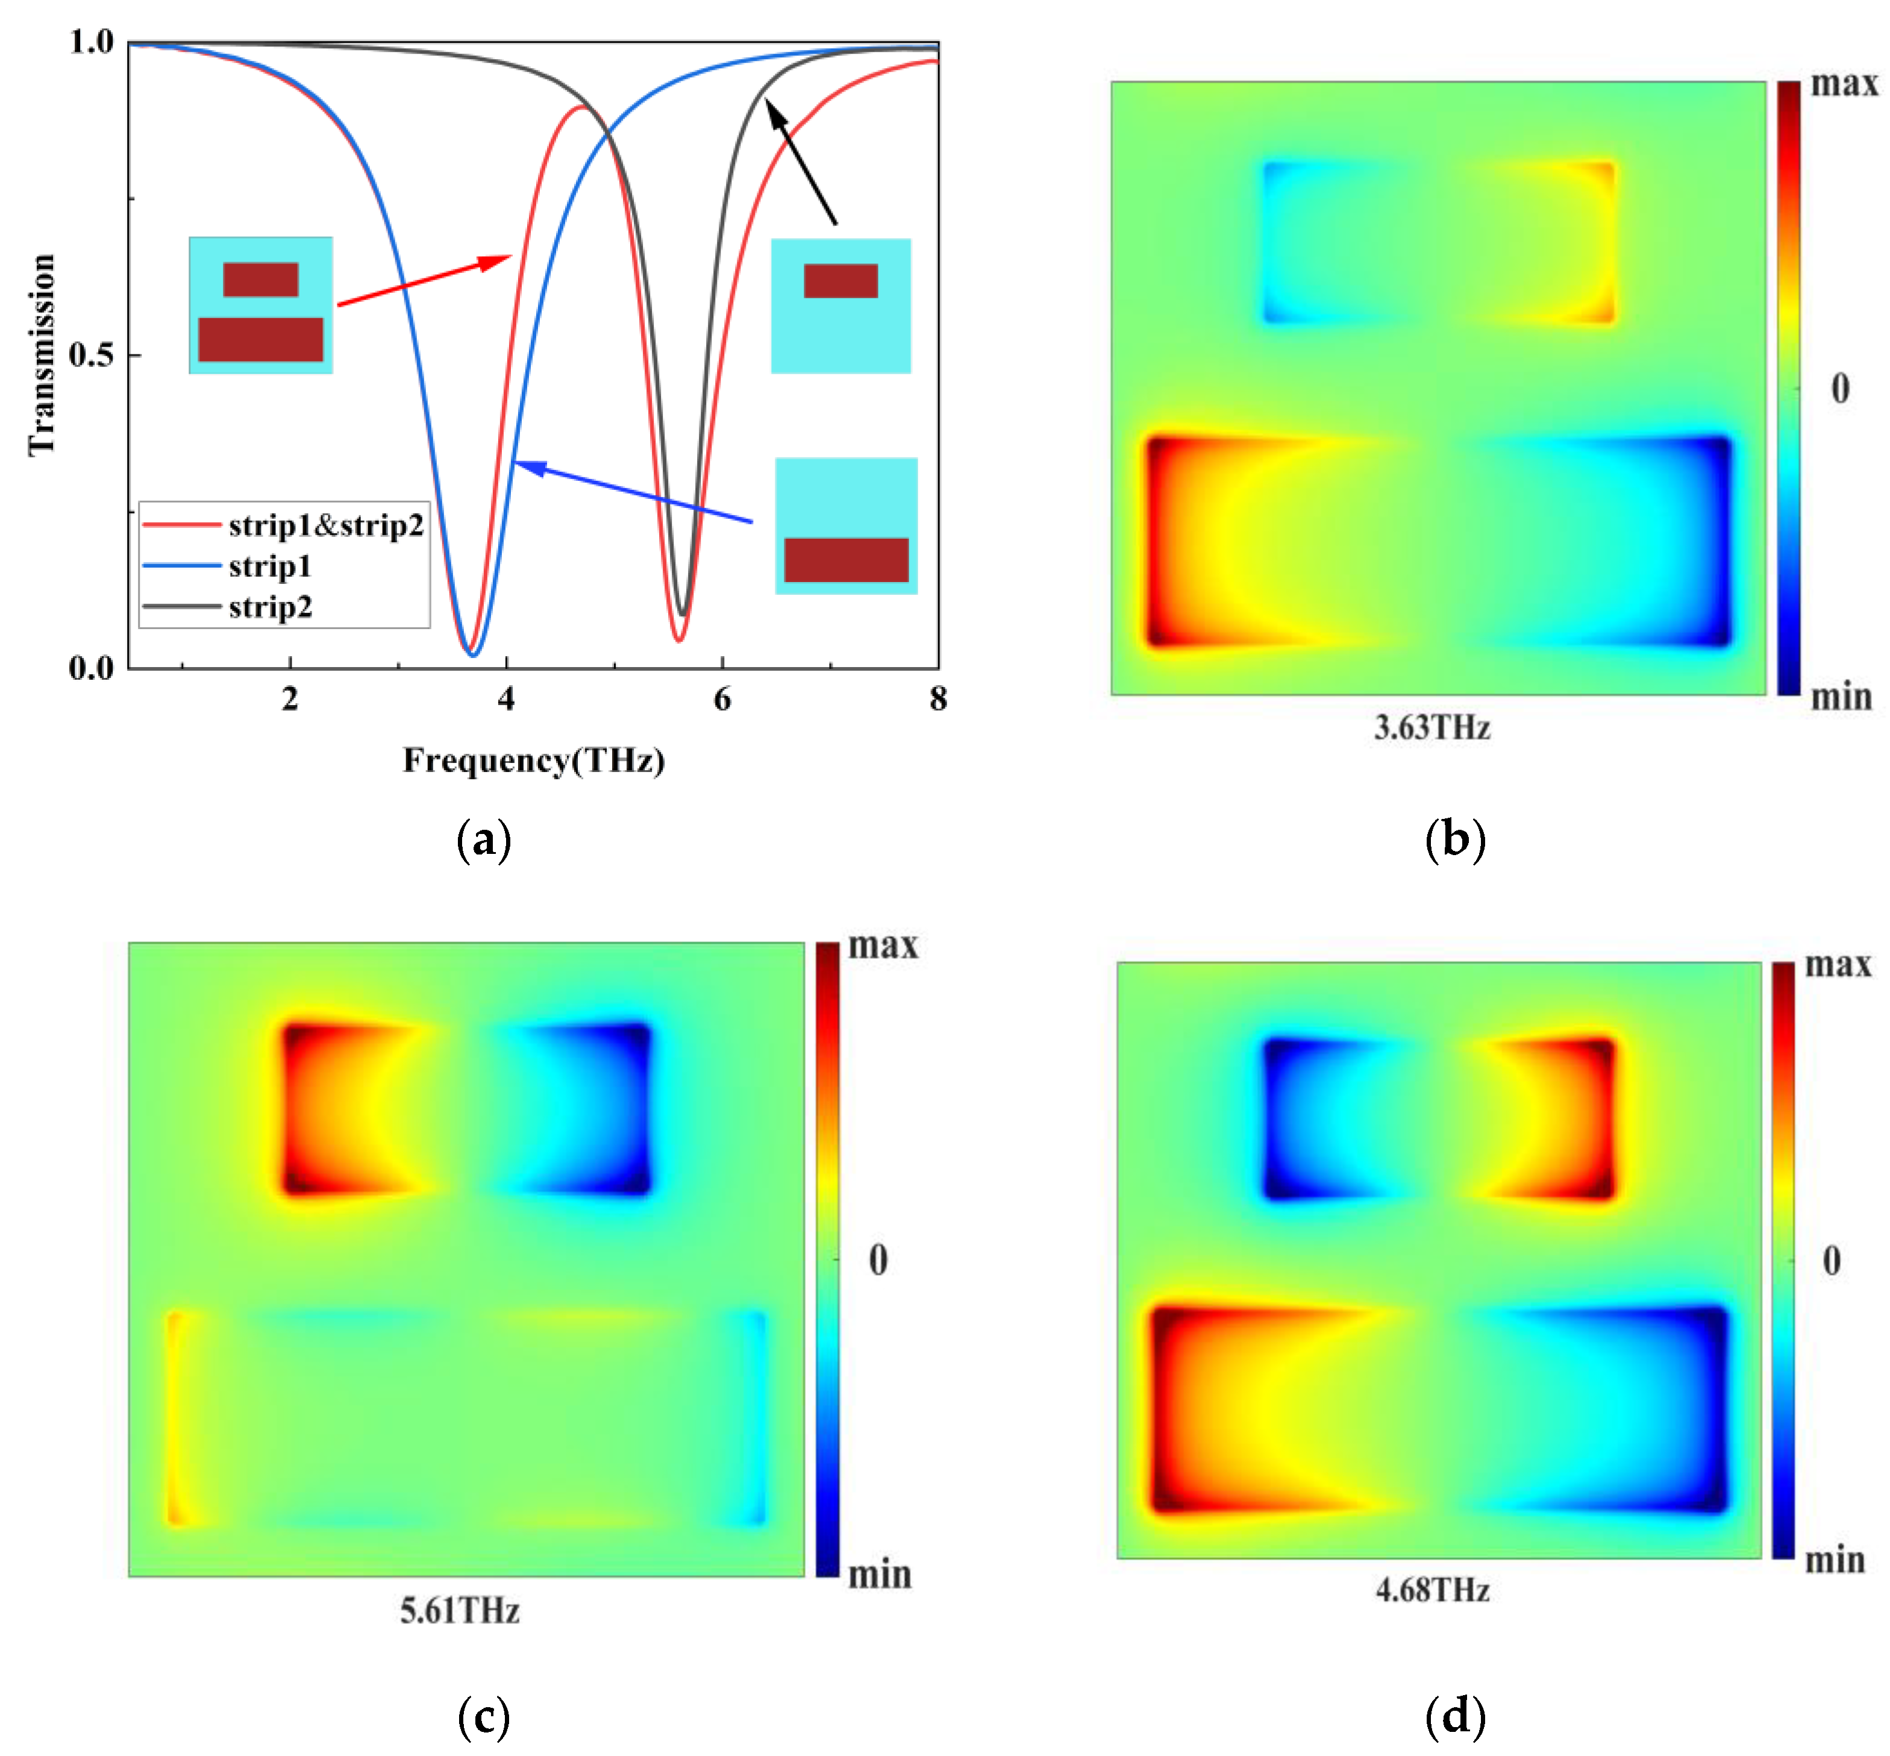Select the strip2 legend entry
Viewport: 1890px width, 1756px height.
270,606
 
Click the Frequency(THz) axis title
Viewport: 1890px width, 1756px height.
533,760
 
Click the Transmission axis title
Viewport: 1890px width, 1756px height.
42,354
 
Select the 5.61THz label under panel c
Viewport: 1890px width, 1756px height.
459,1611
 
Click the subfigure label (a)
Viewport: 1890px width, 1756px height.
484,840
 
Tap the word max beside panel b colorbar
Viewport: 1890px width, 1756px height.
1844,84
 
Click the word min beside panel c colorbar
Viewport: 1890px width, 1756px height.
879,1575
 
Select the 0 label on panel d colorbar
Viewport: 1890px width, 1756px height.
1831,1260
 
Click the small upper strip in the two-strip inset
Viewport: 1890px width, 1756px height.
260,280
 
